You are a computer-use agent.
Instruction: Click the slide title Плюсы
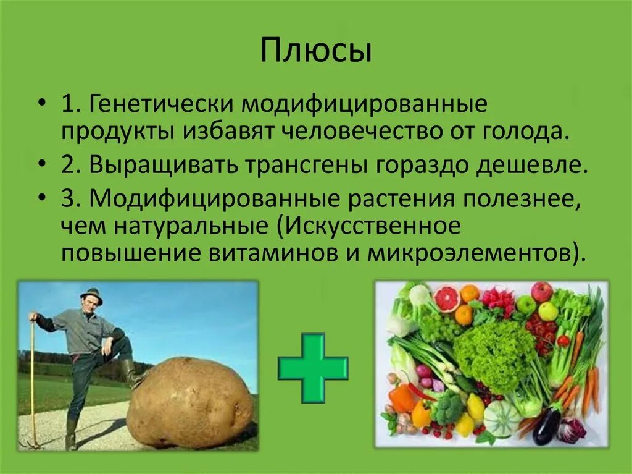point(315,51)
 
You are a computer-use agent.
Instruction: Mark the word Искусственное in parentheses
point(371,226)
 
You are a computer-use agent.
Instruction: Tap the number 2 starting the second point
point(67,165)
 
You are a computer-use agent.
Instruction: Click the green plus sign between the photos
point(313,368)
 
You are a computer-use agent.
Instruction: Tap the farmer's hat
point(91,294)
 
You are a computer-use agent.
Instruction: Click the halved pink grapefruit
point(447,299)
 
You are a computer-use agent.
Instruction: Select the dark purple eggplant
point(547,426)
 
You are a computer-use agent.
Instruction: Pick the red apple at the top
point(541,292)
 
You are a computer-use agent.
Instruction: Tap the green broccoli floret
point(449,408)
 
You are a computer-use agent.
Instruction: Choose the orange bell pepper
point(402,399)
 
